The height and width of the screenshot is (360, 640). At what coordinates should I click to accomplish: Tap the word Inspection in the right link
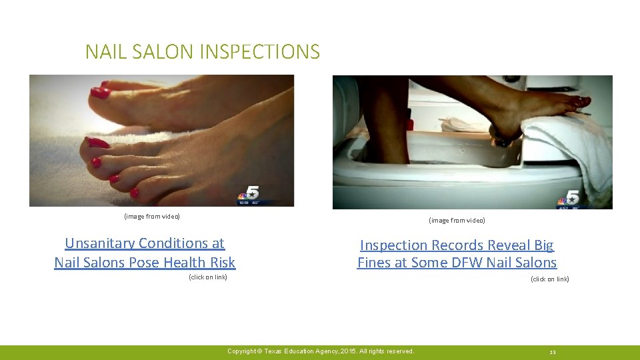click(x=393, y=245)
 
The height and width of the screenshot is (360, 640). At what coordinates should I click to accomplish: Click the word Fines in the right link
click(x=373, y=263)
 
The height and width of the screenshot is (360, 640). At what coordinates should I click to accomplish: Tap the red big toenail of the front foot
click(x=97, y=142)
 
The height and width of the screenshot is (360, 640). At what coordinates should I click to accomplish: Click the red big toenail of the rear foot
click(x=101, y=92)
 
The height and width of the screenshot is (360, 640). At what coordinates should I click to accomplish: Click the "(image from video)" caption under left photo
click(x=152, y=216)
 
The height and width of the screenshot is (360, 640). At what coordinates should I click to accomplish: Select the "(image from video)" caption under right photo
click(x=457, y=220)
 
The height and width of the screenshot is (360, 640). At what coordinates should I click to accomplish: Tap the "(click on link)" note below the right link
click(x=549, y=279)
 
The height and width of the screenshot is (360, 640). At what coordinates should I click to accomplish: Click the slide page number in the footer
click(x=552, y=352)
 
